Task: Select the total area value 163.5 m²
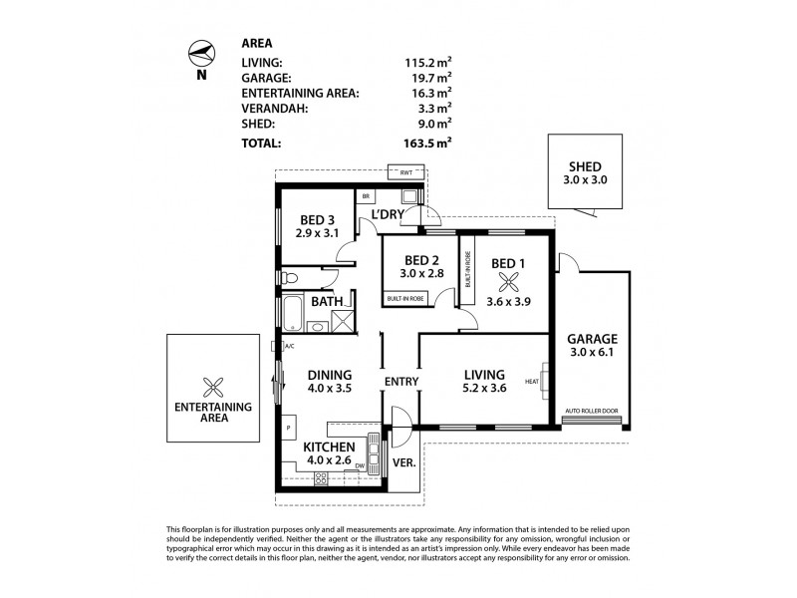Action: click(430, 143)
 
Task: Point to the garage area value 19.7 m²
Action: click(430, 76)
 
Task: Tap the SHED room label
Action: click(585, 166)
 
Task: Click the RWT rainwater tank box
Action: click(405, 173)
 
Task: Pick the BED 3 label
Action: click(318, 221)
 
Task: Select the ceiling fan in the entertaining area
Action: click(210, 388)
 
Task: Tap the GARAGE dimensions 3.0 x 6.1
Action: click(593, 352)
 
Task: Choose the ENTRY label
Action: click(400, 382)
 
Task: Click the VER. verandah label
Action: click(404, 462)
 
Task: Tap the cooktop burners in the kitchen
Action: click(323, 478)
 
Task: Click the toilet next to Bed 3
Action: click(289, 276)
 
